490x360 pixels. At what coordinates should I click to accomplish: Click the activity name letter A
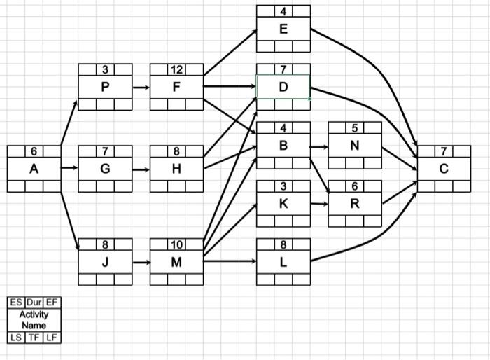(34, 169)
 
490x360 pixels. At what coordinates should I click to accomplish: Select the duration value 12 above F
(176, 69)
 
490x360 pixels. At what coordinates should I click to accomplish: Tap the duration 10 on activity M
(176, 244)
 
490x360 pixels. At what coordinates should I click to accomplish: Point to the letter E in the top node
(283, 29)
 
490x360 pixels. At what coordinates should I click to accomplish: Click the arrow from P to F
(141, 88)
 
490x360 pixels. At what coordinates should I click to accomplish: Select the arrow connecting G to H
(141, 169)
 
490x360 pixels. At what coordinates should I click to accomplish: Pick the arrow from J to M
(141, 263)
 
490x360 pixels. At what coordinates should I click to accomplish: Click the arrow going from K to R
(319, 204)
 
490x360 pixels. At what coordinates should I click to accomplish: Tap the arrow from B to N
(319, 147)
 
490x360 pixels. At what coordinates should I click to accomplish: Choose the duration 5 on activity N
(355, 127)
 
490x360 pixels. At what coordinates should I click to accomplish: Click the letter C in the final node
(444, 169)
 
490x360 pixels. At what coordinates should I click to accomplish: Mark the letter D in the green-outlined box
(283, 88)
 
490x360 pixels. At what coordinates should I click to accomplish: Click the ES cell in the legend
(16, 303)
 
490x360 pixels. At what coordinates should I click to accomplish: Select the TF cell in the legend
(34, 338)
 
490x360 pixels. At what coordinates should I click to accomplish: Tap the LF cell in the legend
(52, 338)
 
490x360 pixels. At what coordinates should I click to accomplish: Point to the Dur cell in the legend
(34, 303)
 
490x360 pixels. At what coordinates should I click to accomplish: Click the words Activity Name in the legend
(34, 320)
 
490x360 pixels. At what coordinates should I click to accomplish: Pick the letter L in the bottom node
(283, 263)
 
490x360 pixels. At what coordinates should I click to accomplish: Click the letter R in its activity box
(355, 204)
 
